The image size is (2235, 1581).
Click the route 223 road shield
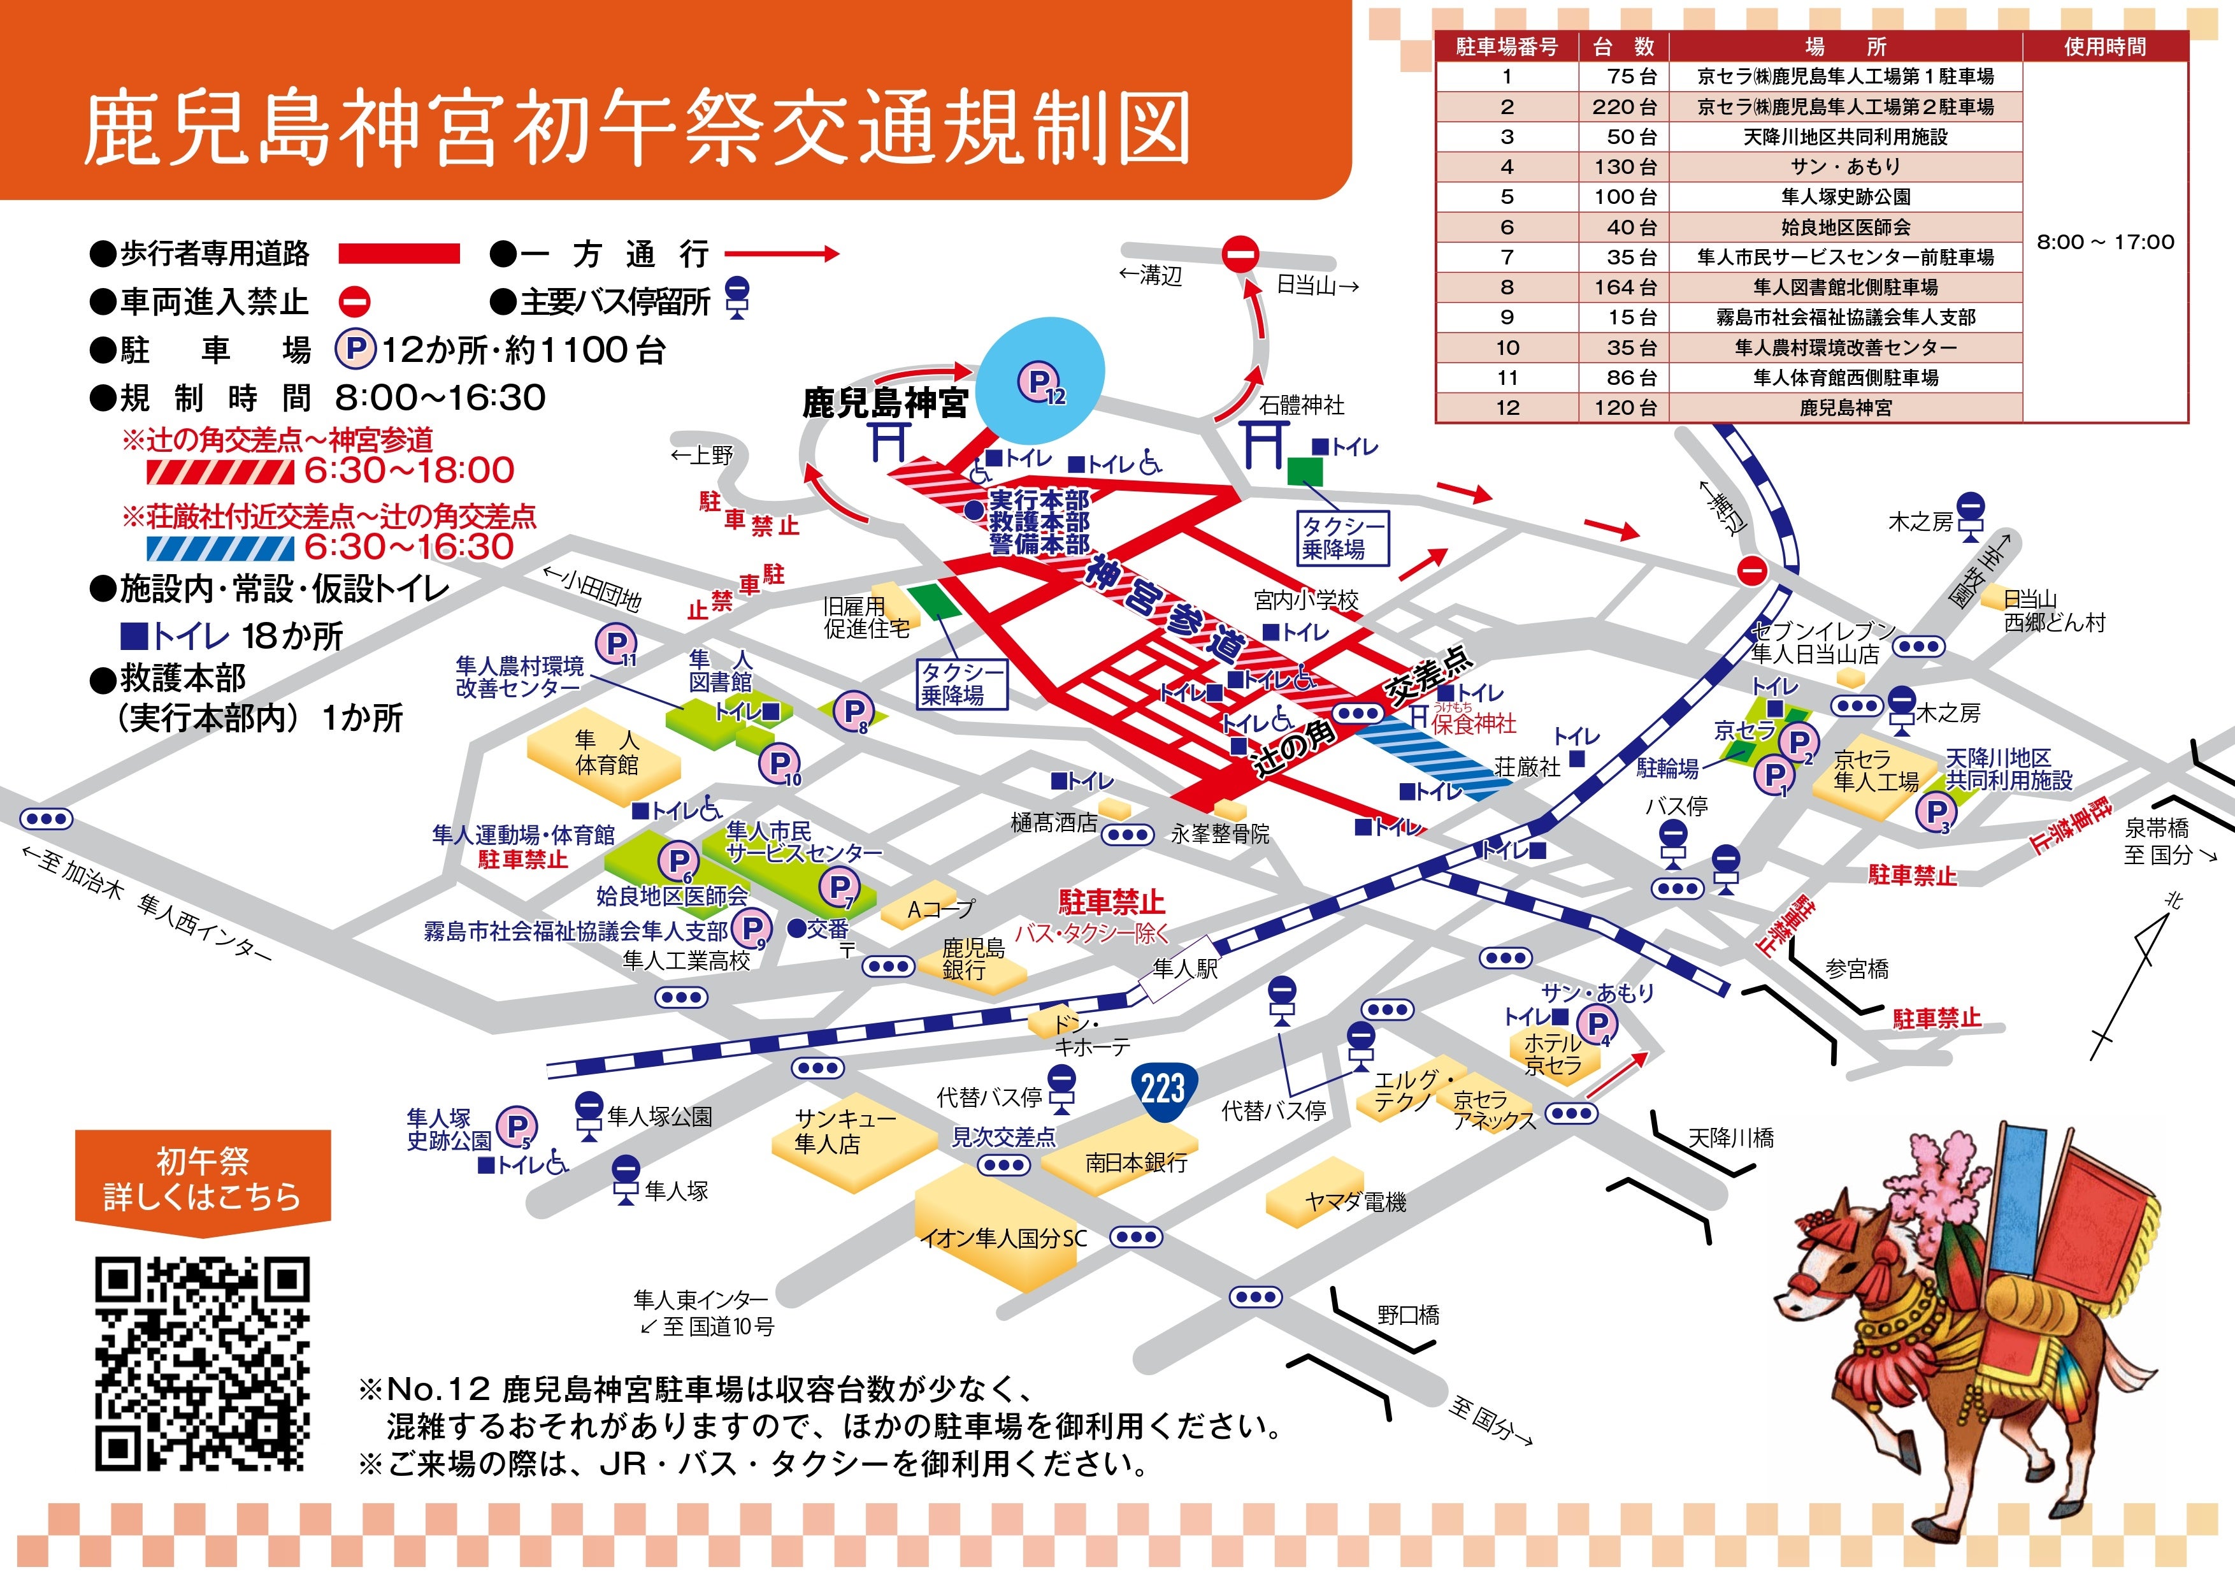[x=1163, y=1087]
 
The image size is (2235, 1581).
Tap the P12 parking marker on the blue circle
[x=1040, y=382]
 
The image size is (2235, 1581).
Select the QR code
[x=203, y=1364]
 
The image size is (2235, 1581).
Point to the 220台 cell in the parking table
[x=1623, y=106]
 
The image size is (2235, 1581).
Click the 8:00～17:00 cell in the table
[x=2104, y=242]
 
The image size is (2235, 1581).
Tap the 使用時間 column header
[x=2104, y=46]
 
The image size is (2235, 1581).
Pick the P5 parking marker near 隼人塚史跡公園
[x=516, y=1127]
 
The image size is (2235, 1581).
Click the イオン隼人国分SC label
[x=1003, y=1238]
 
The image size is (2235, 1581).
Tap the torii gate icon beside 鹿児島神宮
[x=889, y=440]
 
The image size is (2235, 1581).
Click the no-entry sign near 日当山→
[x=1240, y=255]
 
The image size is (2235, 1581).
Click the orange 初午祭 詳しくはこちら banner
[x=203, y=1178]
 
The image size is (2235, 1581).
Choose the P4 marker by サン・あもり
[x=1597, y=1024]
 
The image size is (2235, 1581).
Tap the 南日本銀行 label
[x=1136, y=1162]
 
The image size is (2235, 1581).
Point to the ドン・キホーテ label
[x=1090, y=1036]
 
